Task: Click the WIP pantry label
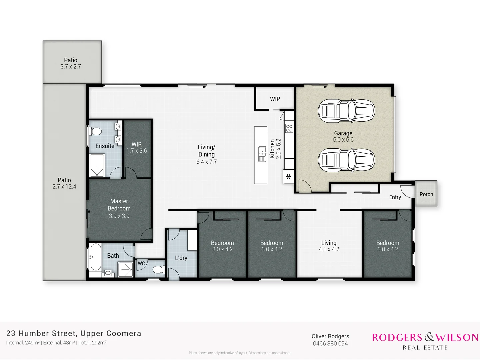coord(275,99)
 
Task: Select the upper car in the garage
coord(346,110)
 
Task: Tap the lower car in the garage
coord(346,160)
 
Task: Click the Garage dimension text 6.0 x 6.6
coord(343,140)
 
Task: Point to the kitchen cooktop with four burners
coord(289,128)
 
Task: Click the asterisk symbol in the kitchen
coord(288,177)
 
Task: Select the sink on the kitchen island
coord(262,154)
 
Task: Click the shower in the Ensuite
coord(97,166)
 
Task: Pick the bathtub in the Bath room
coord(95,257)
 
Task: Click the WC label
coord(141,263)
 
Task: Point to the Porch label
coord(426,194)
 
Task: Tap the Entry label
coord(395,197)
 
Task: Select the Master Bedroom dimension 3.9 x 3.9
coord(119,216)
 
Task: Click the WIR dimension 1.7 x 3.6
coord(137,151)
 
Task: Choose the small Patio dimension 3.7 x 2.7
coord(71,67)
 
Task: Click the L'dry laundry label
coord(181,258)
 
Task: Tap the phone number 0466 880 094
coord(330,344)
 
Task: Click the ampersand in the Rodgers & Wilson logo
coord(429,337)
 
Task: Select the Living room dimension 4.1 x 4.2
coord(329,249)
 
